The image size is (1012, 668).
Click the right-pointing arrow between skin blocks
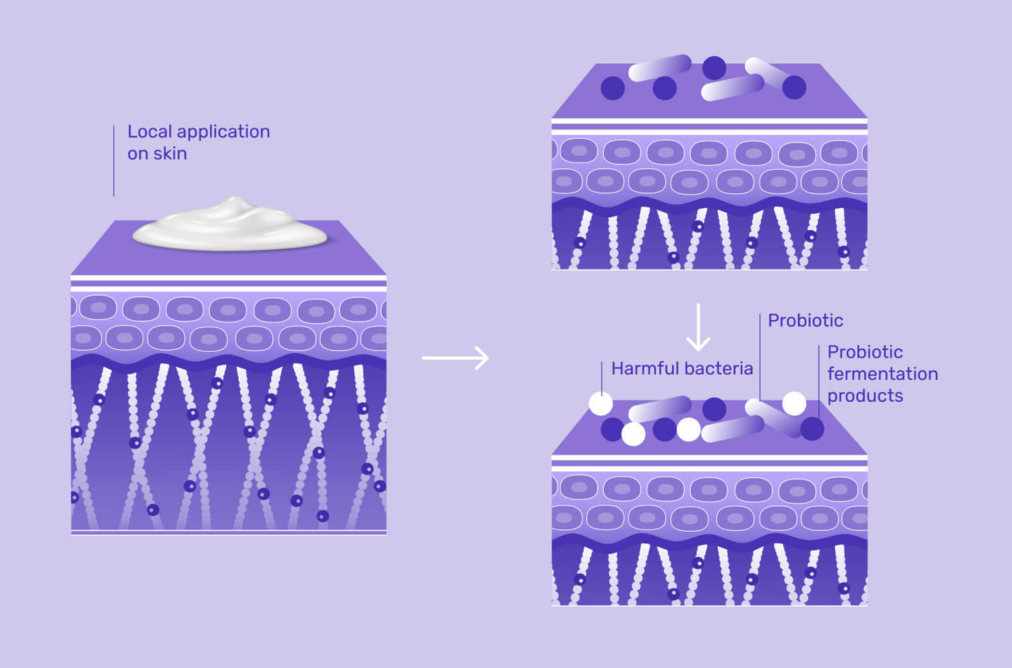pyautogui.click(x=455, y=358)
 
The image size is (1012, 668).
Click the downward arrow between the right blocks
pyautogui.click(x=698, y=327)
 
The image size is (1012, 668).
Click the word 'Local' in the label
pyautogui.click(x=150, y=131)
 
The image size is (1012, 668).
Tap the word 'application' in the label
pyautogui.click(x=223, y=132)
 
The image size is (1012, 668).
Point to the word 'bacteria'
pyautogui.click(x=719, y=368)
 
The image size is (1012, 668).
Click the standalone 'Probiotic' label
pyautogui.click(x=806, y=320)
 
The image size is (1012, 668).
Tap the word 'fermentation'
pyautogui.click(x=882, y=373)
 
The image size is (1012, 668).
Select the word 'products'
pyautogui.click(x=865, y=396)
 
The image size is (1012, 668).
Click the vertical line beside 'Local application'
pyautogui.click(x=114, y=160)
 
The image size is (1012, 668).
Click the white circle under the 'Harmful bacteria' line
pyautogui.click(x=601, y=404)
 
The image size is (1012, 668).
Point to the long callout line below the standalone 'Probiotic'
pyautogui.click(x=760, y=357)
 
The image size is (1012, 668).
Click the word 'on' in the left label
pyautogui.click(x=138, y=154)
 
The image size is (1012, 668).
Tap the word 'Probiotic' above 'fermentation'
pyautogui.click(x=865, y=352)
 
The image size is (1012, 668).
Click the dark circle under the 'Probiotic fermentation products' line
pyautogui.click(x=812, y=429)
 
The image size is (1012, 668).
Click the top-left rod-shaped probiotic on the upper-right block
pyautogui.click(x=660, y=68)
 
